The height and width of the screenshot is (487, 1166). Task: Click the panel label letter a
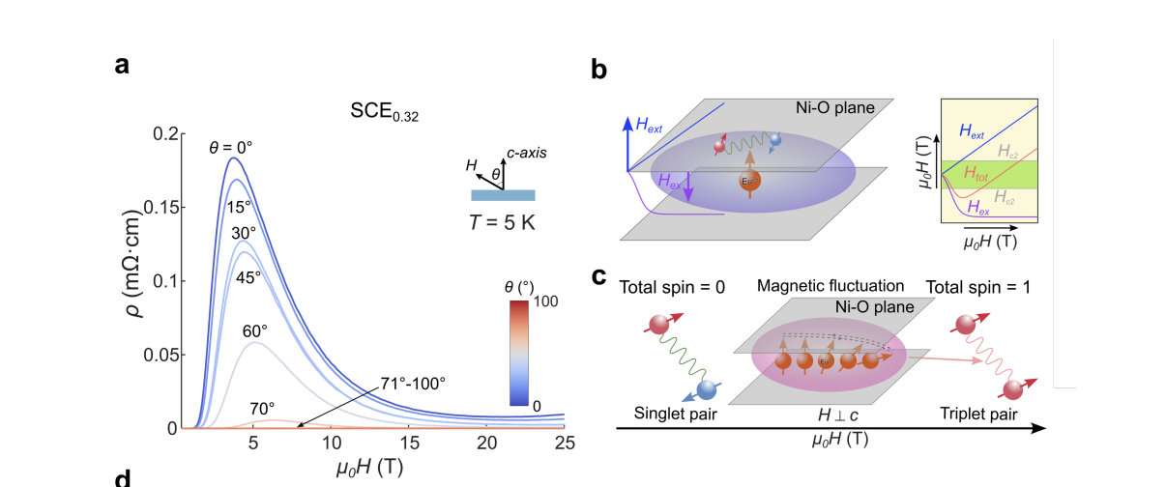pos(121,66)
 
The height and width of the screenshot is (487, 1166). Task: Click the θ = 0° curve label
pos(230,148)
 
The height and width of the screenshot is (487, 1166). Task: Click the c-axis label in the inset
pos(528,153)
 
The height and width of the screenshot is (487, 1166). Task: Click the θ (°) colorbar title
pos(521,287)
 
